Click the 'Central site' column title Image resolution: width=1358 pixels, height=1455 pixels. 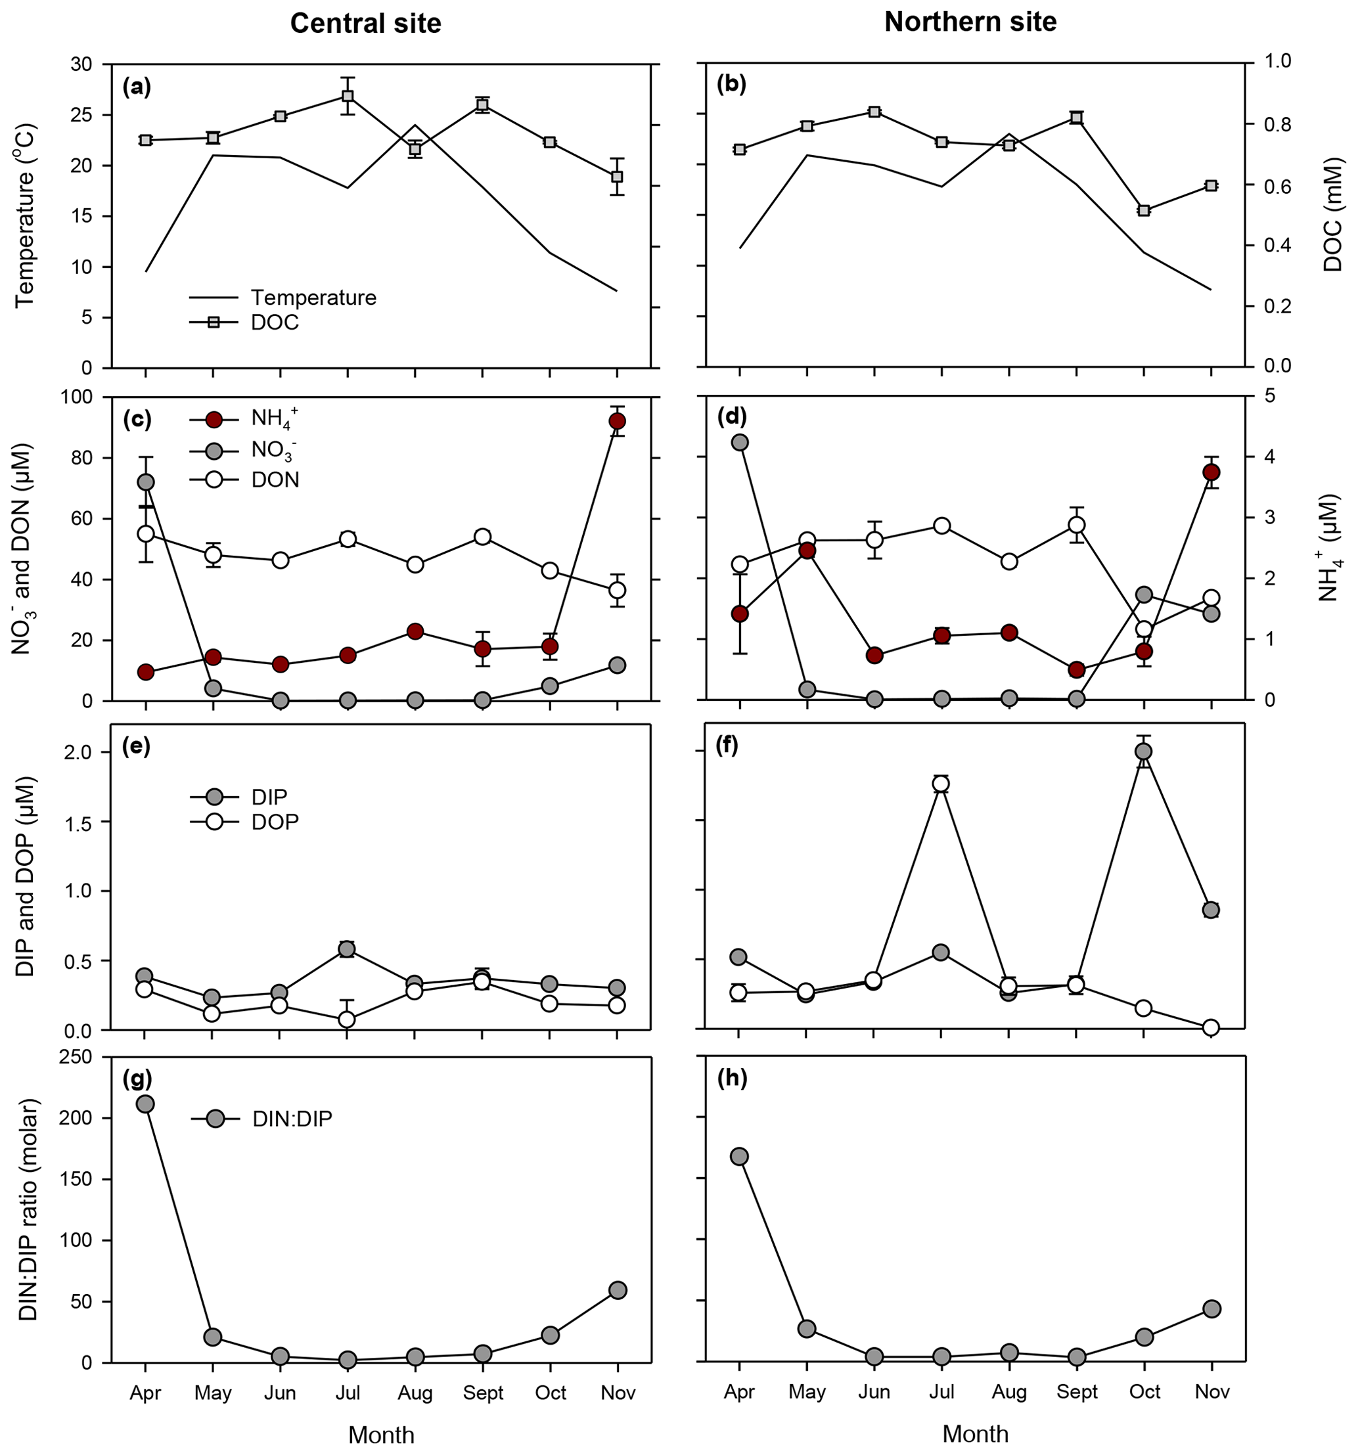(x=365, y=24)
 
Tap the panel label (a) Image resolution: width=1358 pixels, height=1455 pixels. (x=137, y=87)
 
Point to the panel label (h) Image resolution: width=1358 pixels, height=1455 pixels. (x=732, y=1078)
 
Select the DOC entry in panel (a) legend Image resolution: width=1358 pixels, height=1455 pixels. (x=275, y=323)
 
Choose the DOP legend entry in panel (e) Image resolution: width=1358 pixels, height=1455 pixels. (x=275, y=822)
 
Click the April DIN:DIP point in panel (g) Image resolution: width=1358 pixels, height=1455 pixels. (x=145, y=1104)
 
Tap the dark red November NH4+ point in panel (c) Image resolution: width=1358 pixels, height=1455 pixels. (x=617, y=421)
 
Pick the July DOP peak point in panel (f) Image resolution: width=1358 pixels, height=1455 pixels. (x=941, y=784)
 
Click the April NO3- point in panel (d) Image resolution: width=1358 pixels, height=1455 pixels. (x=739, y=442)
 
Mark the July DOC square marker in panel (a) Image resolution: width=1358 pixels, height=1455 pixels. (x=348, y=96)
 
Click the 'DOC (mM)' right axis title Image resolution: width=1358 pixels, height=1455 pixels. (x=1333, y=213)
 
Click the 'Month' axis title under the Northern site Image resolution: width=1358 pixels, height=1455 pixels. (x=975, y=1433)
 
